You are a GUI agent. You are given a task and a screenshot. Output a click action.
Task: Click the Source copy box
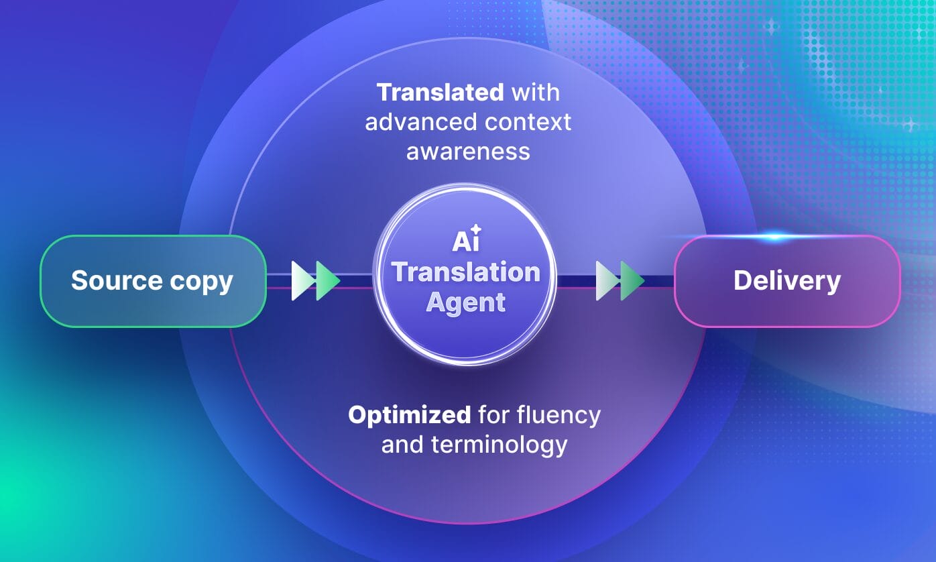[153, 281]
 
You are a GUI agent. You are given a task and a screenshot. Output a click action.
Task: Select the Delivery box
[786, 281]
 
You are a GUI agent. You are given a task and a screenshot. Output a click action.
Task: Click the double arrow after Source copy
[316, 281]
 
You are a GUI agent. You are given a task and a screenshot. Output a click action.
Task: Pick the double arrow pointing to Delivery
[620, 281]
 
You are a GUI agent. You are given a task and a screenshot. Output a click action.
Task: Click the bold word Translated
[440, 93]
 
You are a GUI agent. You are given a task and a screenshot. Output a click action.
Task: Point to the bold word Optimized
[409, 415]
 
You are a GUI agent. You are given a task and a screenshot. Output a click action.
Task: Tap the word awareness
[468, 152]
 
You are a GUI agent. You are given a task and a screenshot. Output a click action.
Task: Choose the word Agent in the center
[466, 302]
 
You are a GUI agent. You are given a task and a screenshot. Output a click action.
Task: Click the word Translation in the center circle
[466, 272]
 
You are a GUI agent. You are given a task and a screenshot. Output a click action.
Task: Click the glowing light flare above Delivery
[774, 236]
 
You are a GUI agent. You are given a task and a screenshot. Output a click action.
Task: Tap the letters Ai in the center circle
[462, 241]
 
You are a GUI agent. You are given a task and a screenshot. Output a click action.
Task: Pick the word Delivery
[786, 281]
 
